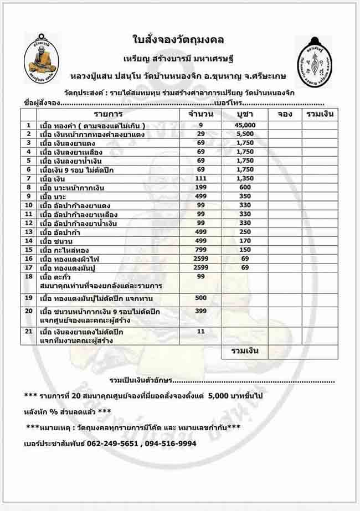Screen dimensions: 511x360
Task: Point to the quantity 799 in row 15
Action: (200, 249)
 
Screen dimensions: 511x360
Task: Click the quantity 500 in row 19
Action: (200, 298)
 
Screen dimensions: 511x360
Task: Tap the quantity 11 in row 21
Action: (200, 331)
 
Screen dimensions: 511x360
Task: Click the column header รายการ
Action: (107, 114)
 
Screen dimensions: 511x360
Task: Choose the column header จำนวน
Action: (200, 114)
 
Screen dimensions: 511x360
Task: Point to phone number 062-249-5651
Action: (110, 443)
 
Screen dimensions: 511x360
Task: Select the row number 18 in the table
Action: (28, 276)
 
